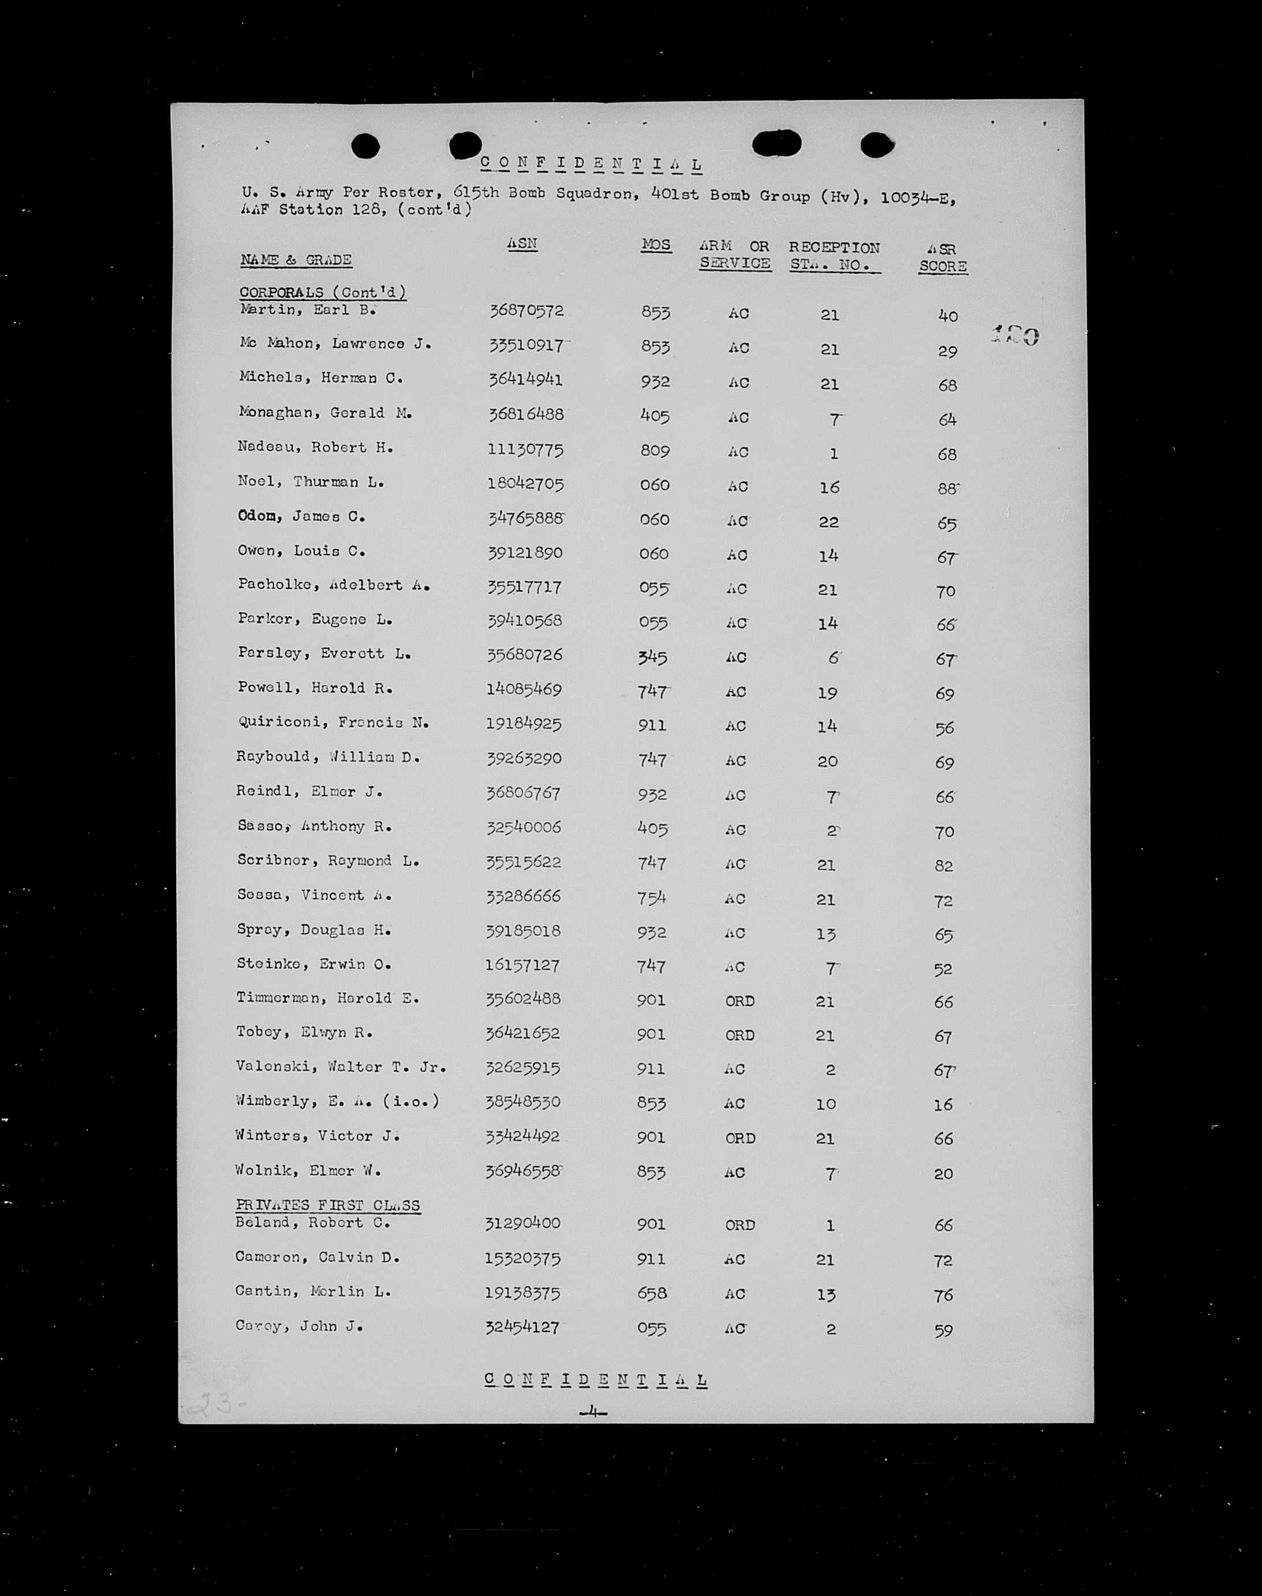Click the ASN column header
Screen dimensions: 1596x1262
point(522,244)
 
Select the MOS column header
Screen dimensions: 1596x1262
point(656,245)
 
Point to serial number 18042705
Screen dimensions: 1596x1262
point(525,484)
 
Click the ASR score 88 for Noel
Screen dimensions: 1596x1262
point(947,489)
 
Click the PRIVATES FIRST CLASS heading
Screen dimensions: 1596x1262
point(327,1205)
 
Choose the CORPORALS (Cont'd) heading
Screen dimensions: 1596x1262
point(322,293)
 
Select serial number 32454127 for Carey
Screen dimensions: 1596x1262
point(522,1326)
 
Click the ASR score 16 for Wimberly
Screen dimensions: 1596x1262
point(943,1104)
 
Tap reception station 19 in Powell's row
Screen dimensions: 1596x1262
point(827,693)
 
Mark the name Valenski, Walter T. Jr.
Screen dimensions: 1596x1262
point(341,1067)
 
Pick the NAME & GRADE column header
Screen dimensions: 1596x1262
point(296,260)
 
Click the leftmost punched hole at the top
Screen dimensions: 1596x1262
point(365,146)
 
